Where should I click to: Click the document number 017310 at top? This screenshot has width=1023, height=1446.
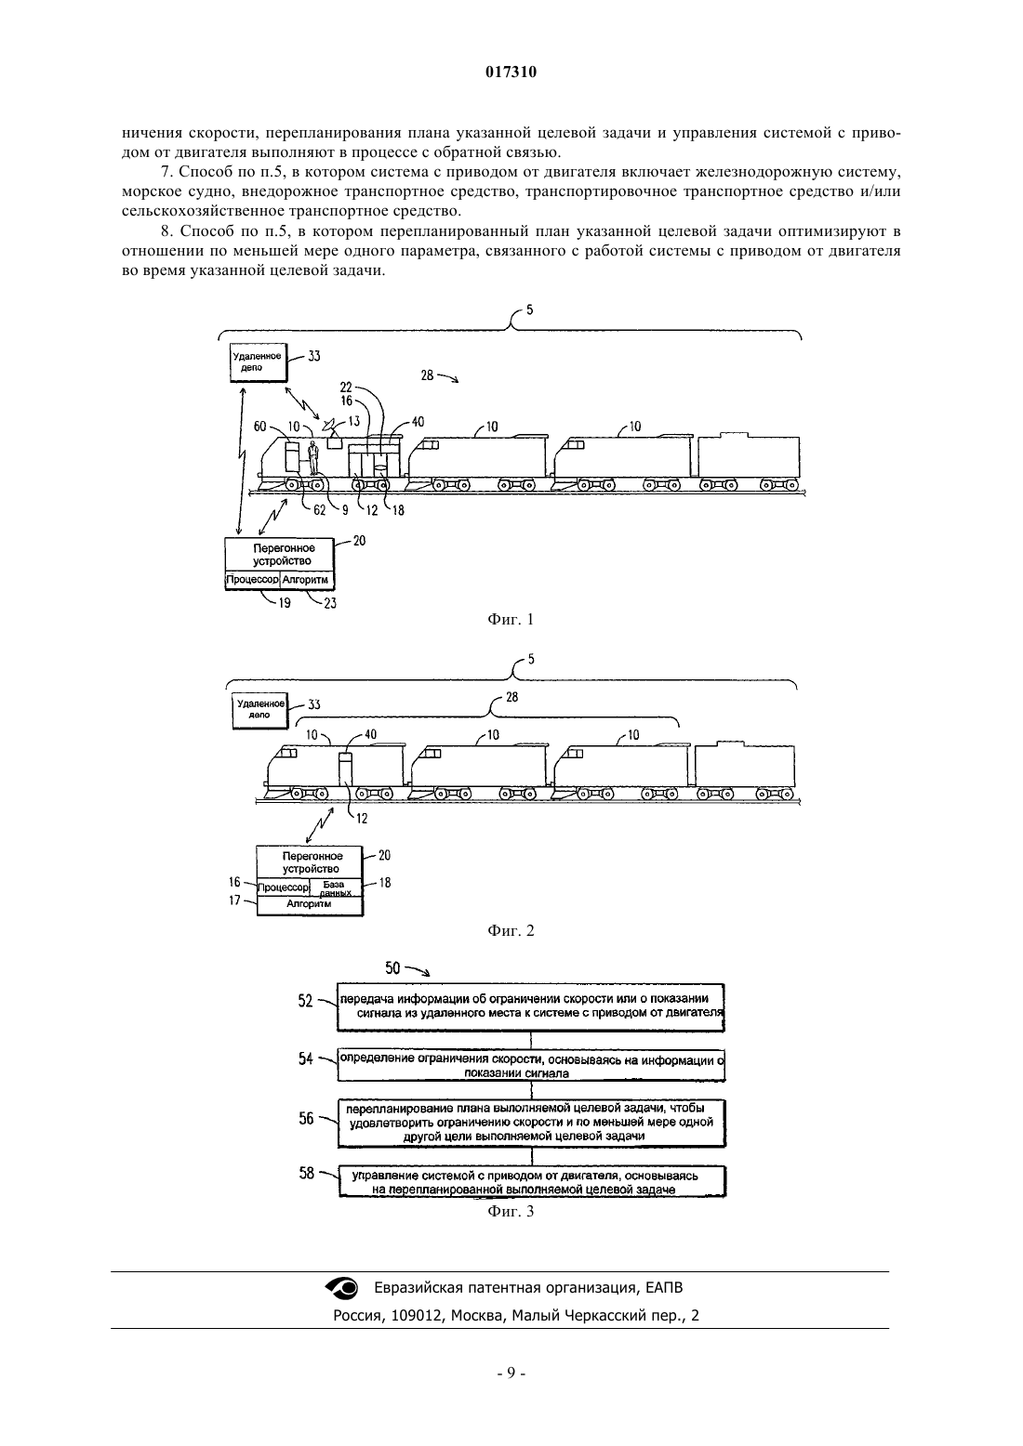click(511, 72)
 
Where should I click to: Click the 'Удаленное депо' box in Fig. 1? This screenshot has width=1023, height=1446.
click(259, 362)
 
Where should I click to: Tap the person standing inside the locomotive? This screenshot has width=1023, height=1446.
click(314, 457)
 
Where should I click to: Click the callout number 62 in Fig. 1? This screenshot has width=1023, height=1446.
click(320, 510)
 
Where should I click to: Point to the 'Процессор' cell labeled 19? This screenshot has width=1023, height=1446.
click(253, 580)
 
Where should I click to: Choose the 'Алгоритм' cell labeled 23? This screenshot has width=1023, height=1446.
click(306, 580)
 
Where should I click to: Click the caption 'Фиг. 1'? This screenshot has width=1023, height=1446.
click(511, 620)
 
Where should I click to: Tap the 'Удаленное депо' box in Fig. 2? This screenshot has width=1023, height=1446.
click(260, 711)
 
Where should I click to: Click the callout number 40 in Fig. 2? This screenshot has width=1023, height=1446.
click(370, 735)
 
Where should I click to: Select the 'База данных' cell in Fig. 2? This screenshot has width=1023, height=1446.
click(336, 888)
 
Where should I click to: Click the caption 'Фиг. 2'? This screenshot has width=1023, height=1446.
click(511, 930)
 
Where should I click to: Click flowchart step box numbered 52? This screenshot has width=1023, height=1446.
click(531, 1007)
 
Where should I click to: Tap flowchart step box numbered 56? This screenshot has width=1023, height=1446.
click(532, 1124)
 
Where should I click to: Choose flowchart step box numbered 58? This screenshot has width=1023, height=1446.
click(532, 1181)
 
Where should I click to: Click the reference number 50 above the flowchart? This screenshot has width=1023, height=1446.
click(392, 967)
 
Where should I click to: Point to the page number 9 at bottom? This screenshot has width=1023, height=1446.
click(511, 1374)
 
